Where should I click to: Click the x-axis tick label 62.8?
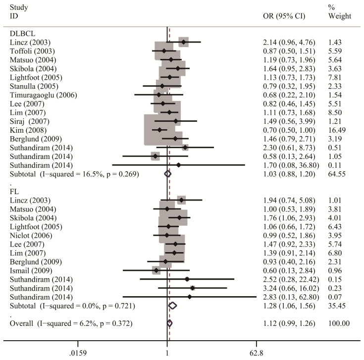click(257, 353)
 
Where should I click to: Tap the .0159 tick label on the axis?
click(78, 353)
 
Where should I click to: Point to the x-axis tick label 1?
click(167, 353)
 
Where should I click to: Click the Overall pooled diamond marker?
click(169, 323)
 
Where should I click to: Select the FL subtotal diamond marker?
click(172, 306)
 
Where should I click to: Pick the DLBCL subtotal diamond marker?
click(167, 174)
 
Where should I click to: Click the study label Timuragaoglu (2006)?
click(44, 95)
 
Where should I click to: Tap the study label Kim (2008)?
click(28, 130)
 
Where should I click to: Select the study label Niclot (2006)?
click(31, 236)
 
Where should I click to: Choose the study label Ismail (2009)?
click(31, 271)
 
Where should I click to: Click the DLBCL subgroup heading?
click(22, 34)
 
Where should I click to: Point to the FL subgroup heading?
click(14, 192)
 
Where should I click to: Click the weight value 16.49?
click(337, 130)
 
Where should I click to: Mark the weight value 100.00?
click(339, 323)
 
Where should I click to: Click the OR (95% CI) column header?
click(284, 16)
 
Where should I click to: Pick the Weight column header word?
click(340, 16)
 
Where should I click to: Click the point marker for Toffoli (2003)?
click(164, 51)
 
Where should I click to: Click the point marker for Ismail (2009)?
click(156, 270)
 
